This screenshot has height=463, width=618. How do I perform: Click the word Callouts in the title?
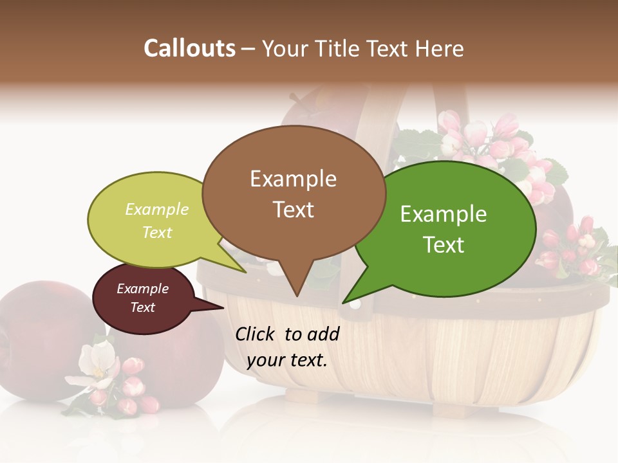point(189,48)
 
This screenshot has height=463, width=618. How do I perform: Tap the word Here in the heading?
point(439,48)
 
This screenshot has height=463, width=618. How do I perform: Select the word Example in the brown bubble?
point(293,179)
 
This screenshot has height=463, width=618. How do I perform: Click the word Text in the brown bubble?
point(293,209)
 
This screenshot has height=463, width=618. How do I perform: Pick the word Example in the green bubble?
point(444,214)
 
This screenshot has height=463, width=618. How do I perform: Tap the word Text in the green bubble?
point(444,244)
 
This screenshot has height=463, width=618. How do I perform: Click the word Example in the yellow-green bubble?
point(157,209)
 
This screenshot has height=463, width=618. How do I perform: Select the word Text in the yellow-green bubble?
point(157,232)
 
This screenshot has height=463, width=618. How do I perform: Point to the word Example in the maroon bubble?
point(142,289)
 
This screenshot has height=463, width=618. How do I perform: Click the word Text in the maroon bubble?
point(142,307)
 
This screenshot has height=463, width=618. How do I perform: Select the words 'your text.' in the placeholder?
point(287,360)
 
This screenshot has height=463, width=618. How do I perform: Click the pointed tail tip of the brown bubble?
point(297,296)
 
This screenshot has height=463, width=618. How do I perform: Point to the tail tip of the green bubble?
point(343,302)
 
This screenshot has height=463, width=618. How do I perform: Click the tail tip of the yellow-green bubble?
point(245,272)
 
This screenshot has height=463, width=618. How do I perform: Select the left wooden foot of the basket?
point(303,396)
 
